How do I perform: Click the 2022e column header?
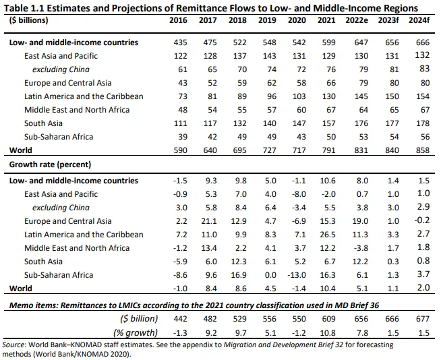[x=362, y=20]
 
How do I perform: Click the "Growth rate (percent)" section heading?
[x=50, y=164]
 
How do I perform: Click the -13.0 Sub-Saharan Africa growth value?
[x=296, y=275]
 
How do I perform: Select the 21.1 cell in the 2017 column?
[x=208, y=221]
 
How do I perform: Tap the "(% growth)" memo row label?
[x=138, y=332]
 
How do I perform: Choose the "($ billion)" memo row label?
[x=139, y=319]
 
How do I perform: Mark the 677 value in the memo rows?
[x=422, y=319]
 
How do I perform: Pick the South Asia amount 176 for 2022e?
[x=362, y=123]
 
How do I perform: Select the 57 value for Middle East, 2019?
[x=268, y=110]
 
